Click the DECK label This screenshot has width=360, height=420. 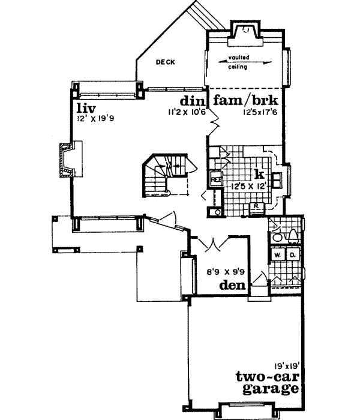[165, 62]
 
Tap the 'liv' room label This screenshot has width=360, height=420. [82, 108]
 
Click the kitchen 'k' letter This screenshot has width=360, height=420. [259, 174]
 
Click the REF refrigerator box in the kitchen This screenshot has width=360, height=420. [215, 178]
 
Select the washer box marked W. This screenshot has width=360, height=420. [278, 254]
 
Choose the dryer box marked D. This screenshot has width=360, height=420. [292, 254]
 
